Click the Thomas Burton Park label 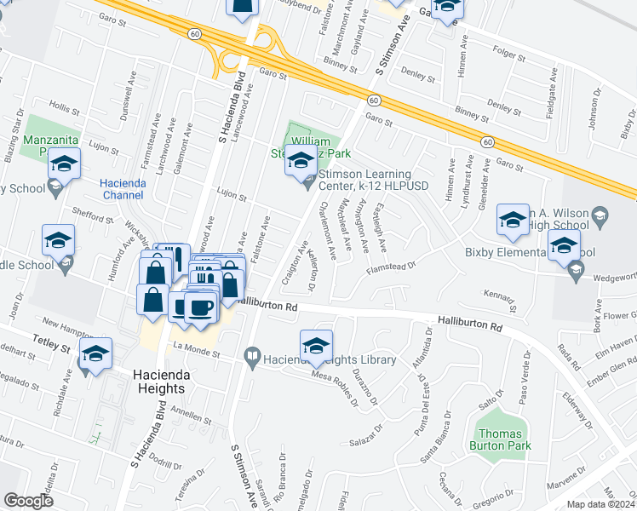tap(500, 438)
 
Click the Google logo tap(28, 500)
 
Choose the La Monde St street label tap(197, 350)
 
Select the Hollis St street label tap(64, 108)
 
